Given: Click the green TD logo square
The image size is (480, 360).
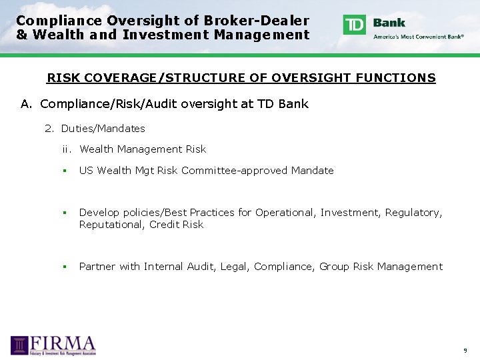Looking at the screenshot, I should (x=355, y=25).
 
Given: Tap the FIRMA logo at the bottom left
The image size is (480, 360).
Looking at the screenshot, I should (x=53, y=345).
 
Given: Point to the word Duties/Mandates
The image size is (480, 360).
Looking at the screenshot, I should (x=103, y=128).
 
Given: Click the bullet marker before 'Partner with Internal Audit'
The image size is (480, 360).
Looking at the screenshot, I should (x=65, y=267).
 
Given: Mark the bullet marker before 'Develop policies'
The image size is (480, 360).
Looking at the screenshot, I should (x=65, y=213).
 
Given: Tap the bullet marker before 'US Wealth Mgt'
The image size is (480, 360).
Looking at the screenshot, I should (x=65, y=171).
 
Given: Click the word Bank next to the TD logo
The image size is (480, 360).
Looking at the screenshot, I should (x=389, y=23).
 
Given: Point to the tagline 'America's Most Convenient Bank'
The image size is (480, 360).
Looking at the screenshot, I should (x=419, y=37).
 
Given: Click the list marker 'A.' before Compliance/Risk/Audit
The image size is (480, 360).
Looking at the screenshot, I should (x=27, y=103).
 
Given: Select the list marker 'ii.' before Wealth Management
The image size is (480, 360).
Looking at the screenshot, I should (x=67, y=149).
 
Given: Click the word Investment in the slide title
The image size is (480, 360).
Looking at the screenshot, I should (x=165, y=35).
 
